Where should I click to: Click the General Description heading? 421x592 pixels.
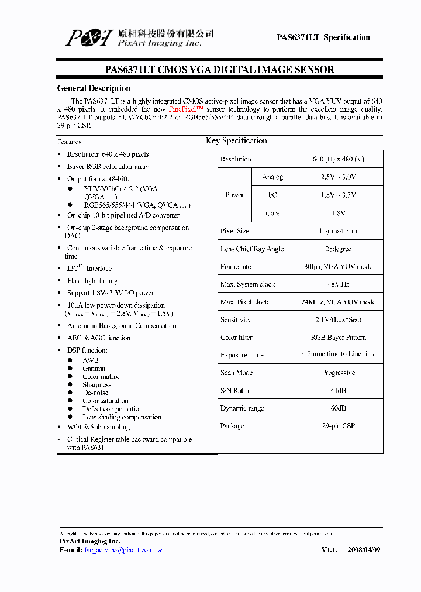coord(94,88)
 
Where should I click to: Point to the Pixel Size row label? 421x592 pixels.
coord(235,231)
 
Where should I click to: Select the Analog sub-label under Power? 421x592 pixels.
coord(272,177)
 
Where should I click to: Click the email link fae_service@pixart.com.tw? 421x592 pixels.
coord(123,550)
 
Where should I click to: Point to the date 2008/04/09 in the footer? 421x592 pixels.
coord(363,550)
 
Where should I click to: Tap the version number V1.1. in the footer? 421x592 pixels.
coord(329,550)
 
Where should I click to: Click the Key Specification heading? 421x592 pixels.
coord(236,141)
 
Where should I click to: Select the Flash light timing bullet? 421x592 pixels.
coord(92,281)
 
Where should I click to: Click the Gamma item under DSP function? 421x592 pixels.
coord(94,369)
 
